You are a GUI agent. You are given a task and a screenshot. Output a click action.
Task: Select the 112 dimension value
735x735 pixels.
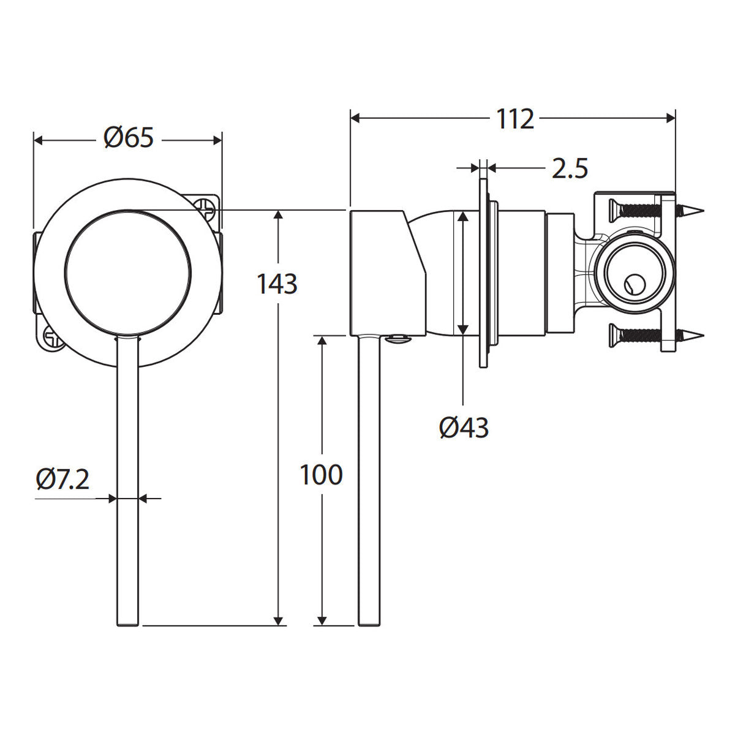[x=514, y=119]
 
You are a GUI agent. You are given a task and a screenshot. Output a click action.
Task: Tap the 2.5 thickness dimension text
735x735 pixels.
[x=570, y=168]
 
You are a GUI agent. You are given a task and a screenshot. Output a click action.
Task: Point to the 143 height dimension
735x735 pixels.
[x=277, y=284]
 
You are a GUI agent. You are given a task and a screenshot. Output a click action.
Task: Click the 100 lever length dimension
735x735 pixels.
[x=321, y=475]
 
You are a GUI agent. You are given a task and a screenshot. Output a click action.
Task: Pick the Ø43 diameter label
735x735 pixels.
[x=464, y=428]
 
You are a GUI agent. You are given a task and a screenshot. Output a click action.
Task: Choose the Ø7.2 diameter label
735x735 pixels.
[x=63, y=480]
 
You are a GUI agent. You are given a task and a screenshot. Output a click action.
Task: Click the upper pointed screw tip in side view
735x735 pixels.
[x=694, y=210]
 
